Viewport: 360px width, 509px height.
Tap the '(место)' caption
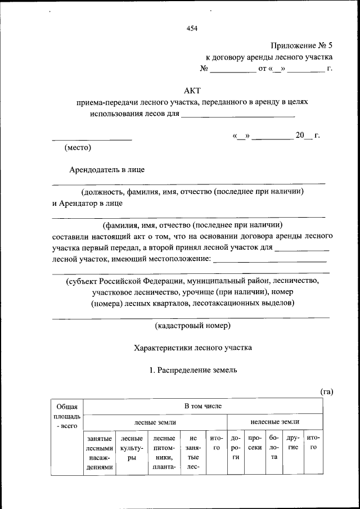point(78,148)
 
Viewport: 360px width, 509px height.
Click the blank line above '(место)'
point(92,138)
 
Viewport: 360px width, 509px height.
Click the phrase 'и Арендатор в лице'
point(87,204)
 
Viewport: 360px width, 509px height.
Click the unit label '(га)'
point(327,391)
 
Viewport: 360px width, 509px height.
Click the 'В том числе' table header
point(203,406)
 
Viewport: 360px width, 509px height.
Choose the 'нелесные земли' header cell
point(275,421)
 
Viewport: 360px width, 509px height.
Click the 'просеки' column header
point(255,442)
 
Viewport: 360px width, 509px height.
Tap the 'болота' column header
point(274,447)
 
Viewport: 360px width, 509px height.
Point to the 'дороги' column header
point(236,447)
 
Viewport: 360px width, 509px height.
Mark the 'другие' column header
point(292,442)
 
